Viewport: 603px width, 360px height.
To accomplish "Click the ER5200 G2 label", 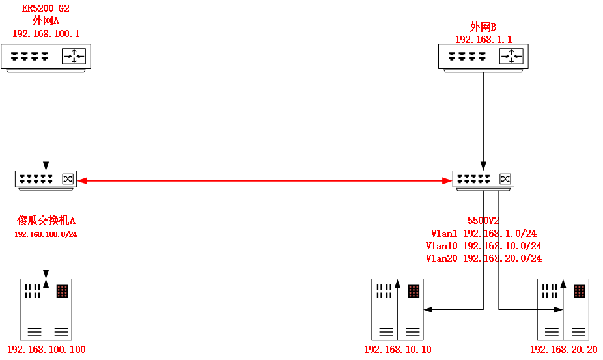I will click(x=46, y=8).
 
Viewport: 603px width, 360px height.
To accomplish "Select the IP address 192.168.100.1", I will click(x=46, y=33).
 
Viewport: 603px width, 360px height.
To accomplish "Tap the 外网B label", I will click(x=483, y=27).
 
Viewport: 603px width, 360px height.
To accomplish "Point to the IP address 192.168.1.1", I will click(x=483, y=39).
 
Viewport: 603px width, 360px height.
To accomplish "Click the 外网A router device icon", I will click(x=46, y=57).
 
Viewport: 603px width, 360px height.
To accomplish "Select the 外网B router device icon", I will click(x=483, y=57).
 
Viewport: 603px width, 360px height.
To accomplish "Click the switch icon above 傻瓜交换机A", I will click(x=46, y=179).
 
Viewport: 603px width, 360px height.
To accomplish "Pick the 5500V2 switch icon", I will click(x=483, y=179).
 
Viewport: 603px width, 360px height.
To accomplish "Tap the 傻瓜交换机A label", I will click(x=46, y=220).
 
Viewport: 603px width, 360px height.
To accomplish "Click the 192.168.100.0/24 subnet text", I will click(x=46, y=234).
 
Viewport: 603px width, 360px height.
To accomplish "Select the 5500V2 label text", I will click(x=483, y=221).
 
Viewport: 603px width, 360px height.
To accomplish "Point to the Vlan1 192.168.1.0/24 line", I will click(x=483, y=233).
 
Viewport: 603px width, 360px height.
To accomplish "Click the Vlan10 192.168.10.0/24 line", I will click(x=483, y=246).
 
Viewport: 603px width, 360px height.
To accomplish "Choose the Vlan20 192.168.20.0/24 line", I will click(x=483, y=258).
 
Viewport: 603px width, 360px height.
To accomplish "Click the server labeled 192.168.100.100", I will click(x=46, y=309).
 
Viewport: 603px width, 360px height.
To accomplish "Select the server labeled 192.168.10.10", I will click(x=397, y=309).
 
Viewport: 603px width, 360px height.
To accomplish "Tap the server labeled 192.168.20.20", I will click(x=563, y=309).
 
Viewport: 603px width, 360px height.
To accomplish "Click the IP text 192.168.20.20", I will click(x=563, y=350).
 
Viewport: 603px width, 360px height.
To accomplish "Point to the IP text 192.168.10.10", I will click(x=397, y=350).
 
